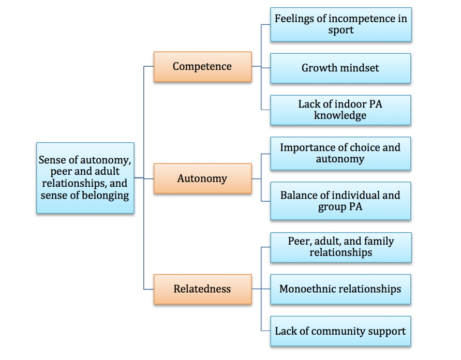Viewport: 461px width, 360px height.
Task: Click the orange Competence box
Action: coord(202,67)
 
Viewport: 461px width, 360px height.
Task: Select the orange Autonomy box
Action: coord(202,178)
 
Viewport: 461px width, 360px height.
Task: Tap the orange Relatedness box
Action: coord(202,289)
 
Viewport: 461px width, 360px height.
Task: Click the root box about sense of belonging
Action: coord(85,178)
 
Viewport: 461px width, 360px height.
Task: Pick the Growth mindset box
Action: coord(340,68)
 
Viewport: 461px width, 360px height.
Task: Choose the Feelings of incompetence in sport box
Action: coord(340,24)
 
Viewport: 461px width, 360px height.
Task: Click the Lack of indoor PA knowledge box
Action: coord(340,110)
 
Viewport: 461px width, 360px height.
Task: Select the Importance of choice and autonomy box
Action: coord(340,153)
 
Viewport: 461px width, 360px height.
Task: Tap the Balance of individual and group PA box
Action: coord(340,201)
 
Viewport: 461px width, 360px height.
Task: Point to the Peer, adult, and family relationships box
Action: coord(340,247)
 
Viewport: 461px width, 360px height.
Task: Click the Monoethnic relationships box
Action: coord(340,289)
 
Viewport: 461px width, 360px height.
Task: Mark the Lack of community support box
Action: coord(340,331)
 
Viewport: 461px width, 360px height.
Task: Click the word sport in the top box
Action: coord(340,30)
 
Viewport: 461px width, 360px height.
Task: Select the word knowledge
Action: coord(340,115)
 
